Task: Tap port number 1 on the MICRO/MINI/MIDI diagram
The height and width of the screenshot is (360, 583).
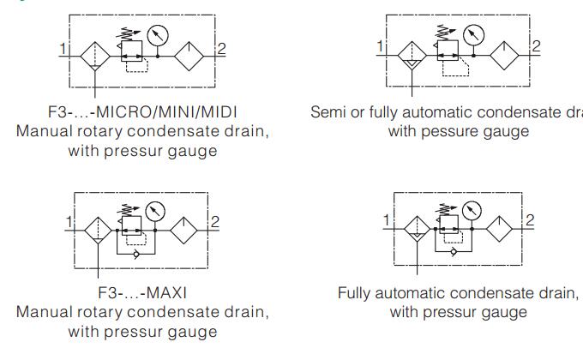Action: coord(62,49)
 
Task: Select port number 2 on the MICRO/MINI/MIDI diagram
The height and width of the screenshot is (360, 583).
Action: coord(220,48)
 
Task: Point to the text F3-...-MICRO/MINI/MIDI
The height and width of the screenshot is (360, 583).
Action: coord(142,113)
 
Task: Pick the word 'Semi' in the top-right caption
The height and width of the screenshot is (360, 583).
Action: coord(327,113)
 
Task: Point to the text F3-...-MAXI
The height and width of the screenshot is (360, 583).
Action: coord(142,292)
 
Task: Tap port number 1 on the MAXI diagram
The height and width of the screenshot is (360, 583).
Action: coord(69,223)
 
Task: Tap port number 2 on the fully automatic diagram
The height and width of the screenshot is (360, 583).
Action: coord(529,220)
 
